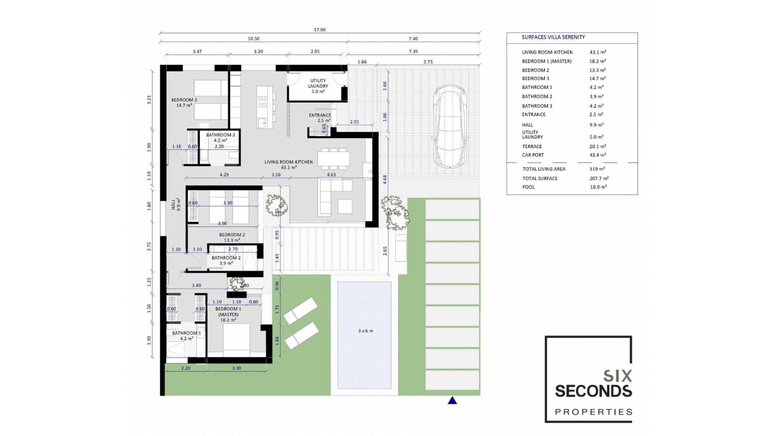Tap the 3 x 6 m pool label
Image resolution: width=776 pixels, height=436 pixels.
coord(365,331)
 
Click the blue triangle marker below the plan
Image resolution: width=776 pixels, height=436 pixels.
coord(452,400)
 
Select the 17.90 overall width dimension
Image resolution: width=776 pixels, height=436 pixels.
coord(319,30)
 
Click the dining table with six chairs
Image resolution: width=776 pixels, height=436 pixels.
coord(333,158)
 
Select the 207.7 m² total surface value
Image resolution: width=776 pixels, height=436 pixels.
coord(599,178)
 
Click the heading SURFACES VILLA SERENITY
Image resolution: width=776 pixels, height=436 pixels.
coord(553,37)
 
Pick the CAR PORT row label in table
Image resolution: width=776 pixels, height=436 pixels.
coord(533,155)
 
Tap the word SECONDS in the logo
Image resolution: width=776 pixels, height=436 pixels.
coord(593,391)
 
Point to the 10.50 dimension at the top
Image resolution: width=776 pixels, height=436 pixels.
coord(253,39)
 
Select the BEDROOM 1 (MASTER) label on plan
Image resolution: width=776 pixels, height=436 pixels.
coord(228,314)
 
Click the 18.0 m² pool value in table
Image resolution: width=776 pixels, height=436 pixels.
coord(598,187)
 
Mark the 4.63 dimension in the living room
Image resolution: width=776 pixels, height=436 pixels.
coord(331,175)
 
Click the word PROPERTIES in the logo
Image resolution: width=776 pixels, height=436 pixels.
coord(593,412)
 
